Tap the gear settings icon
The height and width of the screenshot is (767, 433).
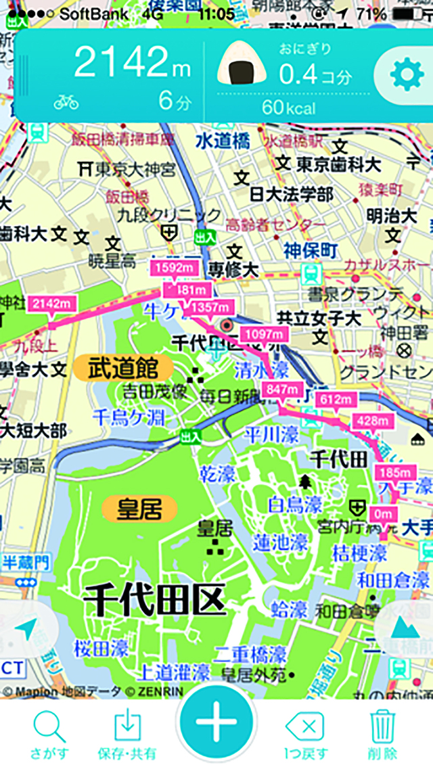[x=407, y=76]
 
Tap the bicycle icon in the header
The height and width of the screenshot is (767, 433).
[x=66, y=101]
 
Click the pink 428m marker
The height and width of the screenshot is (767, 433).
[x=372, y=420]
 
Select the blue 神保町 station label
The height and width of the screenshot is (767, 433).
[x=311, y=250]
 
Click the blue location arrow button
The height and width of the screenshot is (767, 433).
[x=26, y=631]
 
